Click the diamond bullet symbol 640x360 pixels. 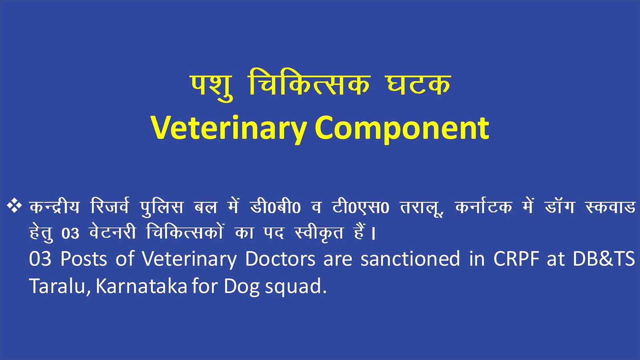14,206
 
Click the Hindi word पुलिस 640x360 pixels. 162,208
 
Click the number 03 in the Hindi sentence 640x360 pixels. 70,234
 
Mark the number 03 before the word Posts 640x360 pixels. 40,259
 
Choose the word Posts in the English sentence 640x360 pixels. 83,259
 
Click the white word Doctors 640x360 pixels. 280,259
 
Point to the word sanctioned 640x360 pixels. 410,259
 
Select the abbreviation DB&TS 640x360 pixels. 604,259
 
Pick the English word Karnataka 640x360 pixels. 141,286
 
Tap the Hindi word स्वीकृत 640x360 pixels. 319,233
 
